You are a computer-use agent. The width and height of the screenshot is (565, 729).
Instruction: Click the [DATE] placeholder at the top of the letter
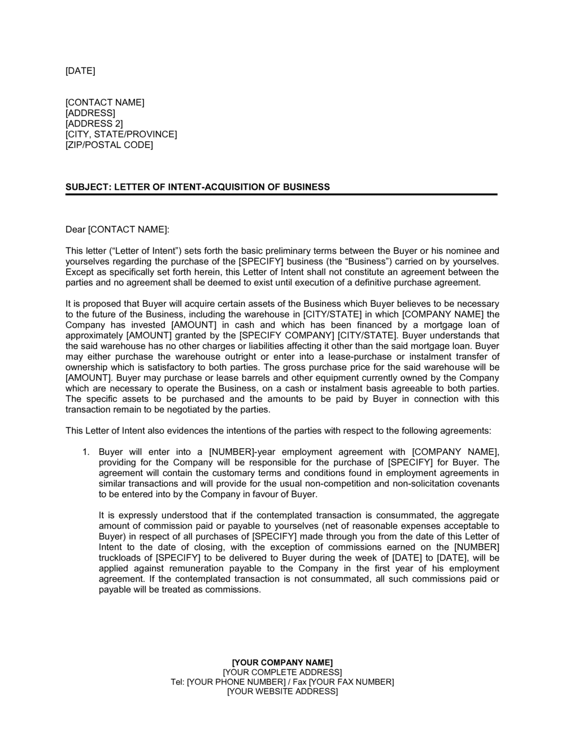[x=80, y=71]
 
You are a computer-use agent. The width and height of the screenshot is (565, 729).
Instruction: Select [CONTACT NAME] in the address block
[x=105, y=102]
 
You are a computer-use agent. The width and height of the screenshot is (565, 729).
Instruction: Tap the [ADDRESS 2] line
[x=94, y=124]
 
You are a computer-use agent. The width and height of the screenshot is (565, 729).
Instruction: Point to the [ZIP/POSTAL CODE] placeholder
[x=109, y=145]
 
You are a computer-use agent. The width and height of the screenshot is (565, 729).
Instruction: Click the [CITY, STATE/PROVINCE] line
[x=121, y=134]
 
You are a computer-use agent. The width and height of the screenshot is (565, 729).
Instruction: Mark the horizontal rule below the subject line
[x=281, y=194]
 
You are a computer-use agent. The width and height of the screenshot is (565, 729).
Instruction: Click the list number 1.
[x=85, y=452]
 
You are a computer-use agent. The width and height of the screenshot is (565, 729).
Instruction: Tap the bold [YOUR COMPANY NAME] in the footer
[x=282, y=662]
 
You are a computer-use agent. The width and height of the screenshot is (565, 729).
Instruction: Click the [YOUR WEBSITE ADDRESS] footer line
[x=282, y=692]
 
